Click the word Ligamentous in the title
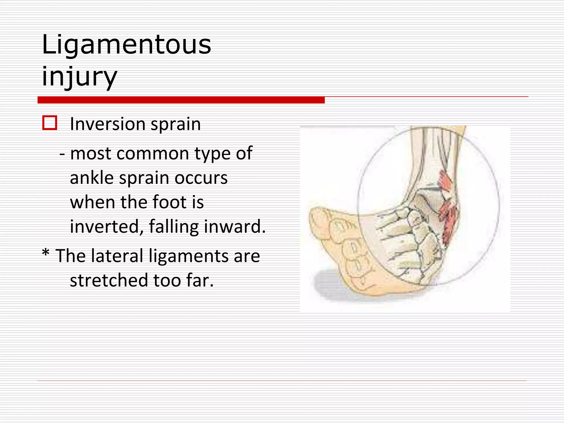[126, 45]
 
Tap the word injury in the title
[80, 76]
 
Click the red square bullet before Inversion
[50, 123]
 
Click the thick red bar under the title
[181, 100]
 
